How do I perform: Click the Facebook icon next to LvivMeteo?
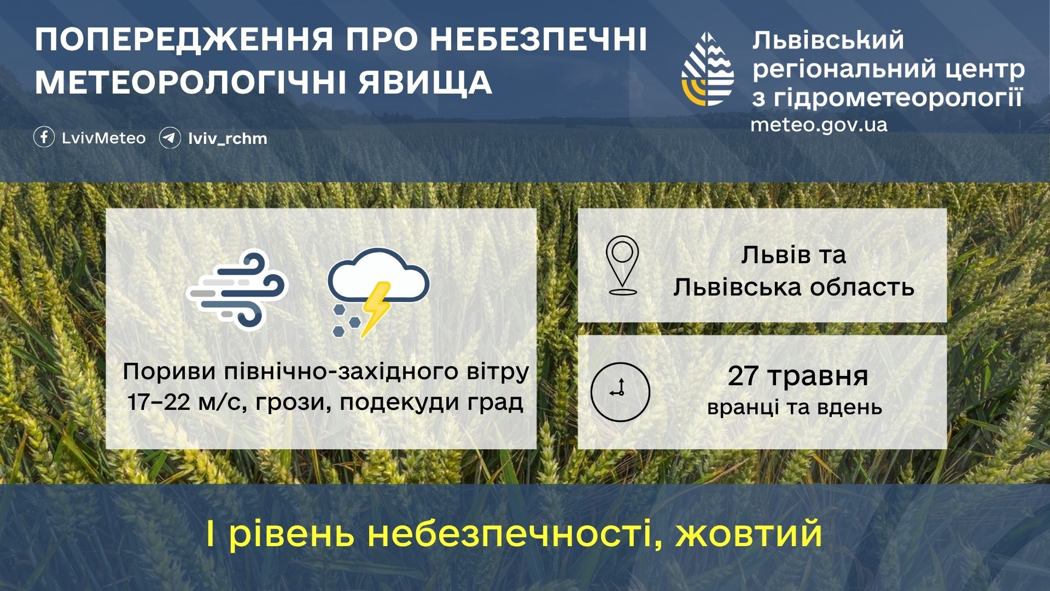[44, 137]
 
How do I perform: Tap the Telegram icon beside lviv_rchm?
[170, 138]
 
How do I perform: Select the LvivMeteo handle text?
[104, 138]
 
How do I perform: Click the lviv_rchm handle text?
[227, 138]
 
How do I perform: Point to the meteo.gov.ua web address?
[819, 125]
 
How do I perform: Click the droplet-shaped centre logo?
[708, 69]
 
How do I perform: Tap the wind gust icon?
[237, 289]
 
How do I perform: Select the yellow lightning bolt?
[375, 309]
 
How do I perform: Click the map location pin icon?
[622, 265]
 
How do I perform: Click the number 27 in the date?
[743, 376]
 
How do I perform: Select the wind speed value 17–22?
[159, 402]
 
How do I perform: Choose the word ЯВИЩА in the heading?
[425, 82]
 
